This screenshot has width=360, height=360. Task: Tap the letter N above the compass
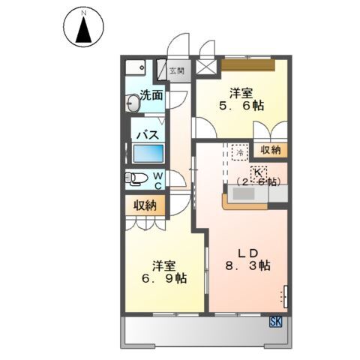[x=85, y=13]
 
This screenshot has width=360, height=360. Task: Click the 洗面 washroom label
[x=152, y=95]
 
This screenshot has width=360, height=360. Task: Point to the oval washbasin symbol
[x=133, y=106]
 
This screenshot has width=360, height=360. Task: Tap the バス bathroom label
[x=146, y=135]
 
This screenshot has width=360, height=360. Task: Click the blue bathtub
[x=148, y=154]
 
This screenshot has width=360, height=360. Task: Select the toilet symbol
[x=136, y=178]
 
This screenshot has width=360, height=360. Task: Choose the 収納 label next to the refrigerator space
[x=270, y=150]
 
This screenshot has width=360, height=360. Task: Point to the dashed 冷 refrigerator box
[x=239, y=151]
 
